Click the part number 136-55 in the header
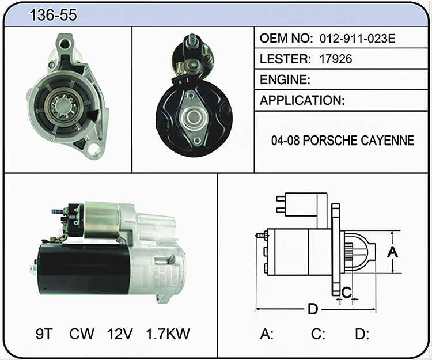(x=53, y=15)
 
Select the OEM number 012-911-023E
(x=357, y=38)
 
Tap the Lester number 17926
(x=336, y=59)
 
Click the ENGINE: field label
(x=285, y=79)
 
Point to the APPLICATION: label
(x=302, y=100)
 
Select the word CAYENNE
(x=388, y=140)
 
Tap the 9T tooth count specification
(x=44, y=334)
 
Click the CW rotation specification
(x=82, y=334)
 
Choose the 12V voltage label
(x=120, y=334)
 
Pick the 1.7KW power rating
(x=168, y=334)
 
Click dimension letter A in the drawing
(x=393, y=252)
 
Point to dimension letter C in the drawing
(x=347, y=292)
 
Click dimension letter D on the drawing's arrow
(x=313, y=309)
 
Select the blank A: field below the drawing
(x=267, y=334)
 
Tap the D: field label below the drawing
(x=362, y=334)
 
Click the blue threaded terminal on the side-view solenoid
(x=57, y=211)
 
